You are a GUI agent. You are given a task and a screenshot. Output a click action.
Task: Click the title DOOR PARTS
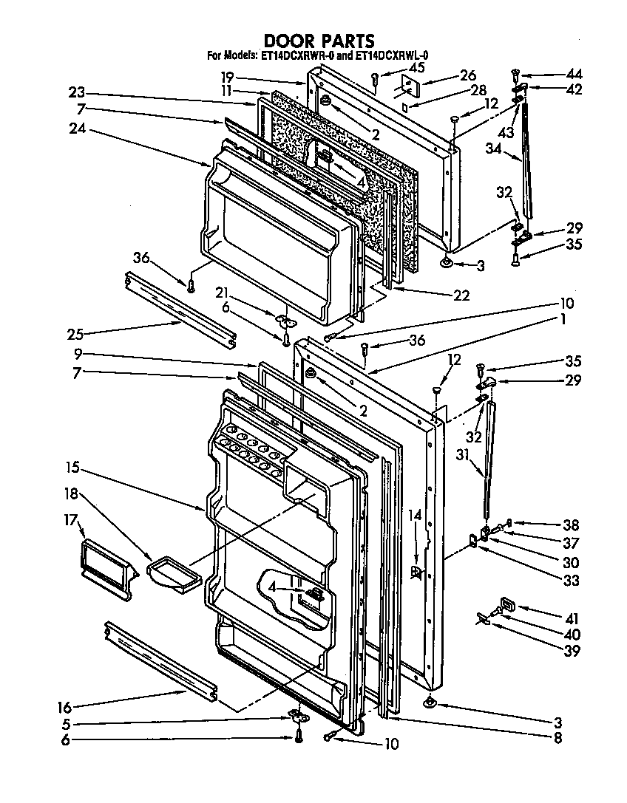pyautogui.click(x=319, y=41)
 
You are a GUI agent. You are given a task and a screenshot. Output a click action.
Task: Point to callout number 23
pyautogui.click(x=77, y=93)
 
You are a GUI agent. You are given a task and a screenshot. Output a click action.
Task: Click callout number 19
pyautogui.click(x=227, y=76)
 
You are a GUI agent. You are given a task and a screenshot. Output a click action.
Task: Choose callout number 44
pyautogui.click(x=574, y=74)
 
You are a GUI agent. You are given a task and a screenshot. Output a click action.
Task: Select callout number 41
pyautogui.click(x=572, y=619)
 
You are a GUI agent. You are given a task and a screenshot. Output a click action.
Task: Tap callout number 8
pyautogui.click(x=558, y=737)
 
